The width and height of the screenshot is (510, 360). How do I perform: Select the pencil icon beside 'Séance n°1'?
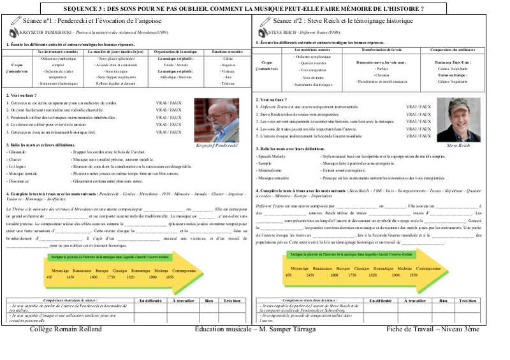coord(13,21)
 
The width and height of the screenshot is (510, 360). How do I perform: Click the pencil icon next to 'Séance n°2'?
coord(262,21)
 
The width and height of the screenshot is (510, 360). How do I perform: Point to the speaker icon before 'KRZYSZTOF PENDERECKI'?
coord(8,31)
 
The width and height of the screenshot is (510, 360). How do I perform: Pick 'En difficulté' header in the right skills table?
coord(381,299)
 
